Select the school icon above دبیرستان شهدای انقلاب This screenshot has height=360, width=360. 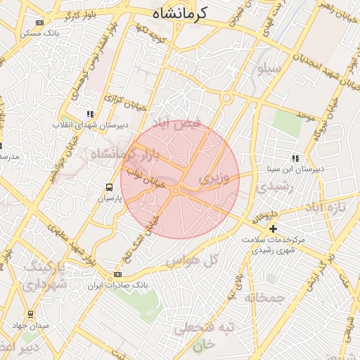point(89,114)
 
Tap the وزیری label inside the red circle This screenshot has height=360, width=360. point(214,179)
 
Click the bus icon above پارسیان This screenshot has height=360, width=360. point(109,187)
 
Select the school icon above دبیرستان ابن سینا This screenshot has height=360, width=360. point(295,158)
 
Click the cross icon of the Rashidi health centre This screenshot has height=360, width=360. point(274,229)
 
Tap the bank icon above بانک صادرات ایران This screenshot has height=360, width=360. point(117,274)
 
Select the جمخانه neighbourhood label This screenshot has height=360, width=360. point(264,297)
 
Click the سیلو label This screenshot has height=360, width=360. point(269,69)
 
